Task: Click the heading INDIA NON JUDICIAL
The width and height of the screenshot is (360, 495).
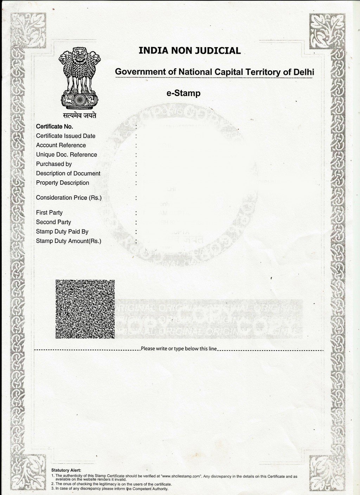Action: point(189,51)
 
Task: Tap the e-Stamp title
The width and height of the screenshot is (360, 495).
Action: point(184,93)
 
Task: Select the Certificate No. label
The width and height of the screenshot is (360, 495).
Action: point(54,127)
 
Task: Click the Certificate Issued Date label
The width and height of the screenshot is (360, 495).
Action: point(65,136)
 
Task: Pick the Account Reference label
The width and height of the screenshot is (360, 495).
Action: point(61,145)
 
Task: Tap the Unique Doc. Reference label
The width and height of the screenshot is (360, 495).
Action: point(66,155)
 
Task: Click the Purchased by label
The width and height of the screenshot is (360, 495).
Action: point(54,164)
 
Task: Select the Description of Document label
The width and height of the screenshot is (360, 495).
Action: point(68,173)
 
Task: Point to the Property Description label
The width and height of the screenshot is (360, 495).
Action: point(63,183)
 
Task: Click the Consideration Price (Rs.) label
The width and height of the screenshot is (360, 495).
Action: point(69,198)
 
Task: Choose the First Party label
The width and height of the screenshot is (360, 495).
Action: point(49,213)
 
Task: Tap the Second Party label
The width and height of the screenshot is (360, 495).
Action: point(53,222)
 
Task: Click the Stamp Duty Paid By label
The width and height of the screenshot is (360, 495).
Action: point(62,232)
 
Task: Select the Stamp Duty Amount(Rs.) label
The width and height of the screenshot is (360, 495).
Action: point(69,241)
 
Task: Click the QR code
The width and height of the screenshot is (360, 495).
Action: point(85,309)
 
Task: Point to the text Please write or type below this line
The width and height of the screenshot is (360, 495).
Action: point(179,349)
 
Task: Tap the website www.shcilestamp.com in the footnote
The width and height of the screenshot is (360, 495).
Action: point(181,476)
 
